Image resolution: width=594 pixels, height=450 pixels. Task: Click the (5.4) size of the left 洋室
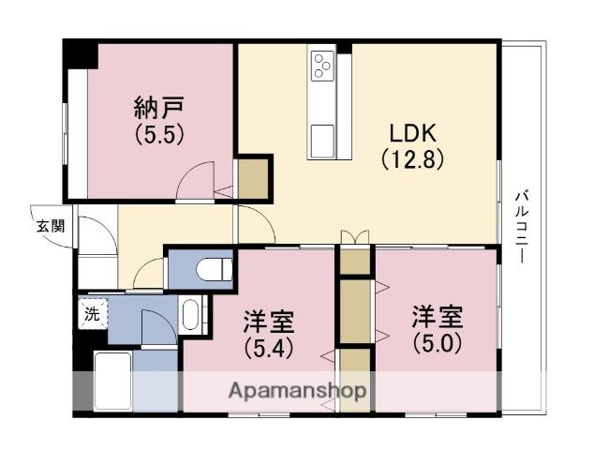point(270,349)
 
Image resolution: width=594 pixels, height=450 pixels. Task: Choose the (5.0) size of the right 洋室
point(437,342)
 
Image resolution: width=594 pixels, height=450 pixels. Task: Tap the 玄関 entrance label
point(51,225)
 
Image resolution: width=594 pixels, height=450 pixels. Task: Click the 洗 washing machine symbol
point(92,314)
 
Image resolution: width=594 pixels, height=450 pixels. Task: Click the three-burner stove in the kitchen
point(324,66)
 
